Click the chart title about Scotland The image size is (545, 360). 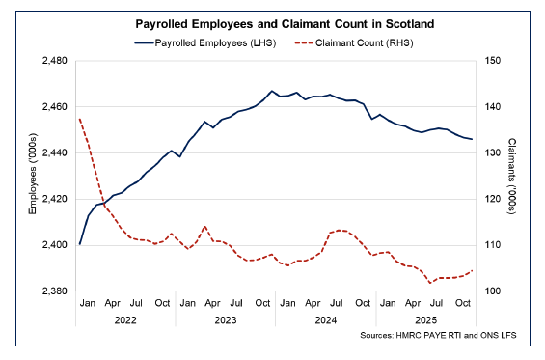[273, 22]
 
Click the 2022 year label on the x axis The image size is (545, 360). [124, 318]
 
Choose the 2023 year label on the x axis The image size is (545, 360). [225, 318]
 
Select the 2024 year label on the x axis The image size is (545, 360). [325, 318]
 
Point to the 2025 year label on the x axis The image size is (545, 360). [425, 318]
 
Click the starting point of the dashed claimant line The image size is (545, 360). [79, 119]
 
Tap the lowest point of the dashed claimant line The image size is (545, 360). [430, 283]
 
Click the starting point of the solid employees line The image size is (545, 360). [79, 244]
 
